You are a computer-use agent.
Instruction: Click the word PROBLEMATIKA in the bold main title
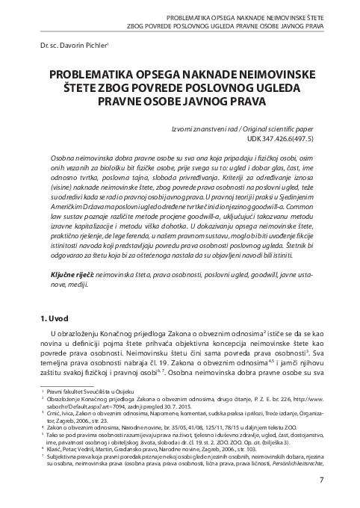[89, 75]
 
